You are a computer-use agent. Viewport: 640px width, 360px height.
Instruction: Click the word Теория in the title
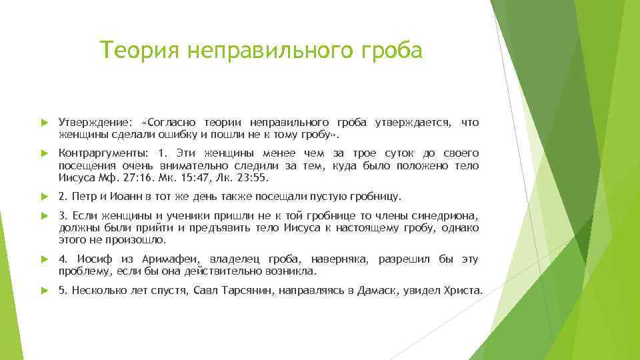coord(139,50)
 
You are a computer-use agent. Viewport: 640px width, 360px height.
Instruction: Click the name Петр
coord(85,197)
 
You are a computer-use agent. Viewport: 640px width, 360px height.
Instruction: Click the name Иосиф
coord(95,259)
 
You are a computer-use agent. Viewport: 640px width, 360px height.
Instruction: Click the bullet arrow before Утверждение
coord(45,123)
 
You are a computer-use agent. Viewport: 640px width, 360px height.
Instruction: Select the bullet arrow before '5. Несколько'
coord(45,291)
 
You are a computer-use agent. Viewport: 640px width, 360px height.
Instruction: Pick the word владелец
coord(235,259)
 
